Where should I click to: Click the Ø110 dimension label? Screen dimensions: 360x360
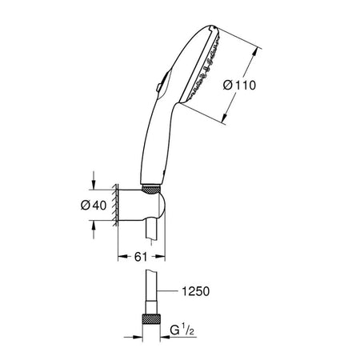click(x=239, y=86)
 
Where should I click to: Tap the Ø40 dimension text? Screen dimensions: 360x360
click(x=94, y=205)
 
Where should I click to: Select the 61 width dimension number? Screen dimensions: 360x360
click(x=141, y=257)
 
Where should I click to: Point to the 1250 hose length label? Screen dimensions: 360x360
click(x=195, y=291)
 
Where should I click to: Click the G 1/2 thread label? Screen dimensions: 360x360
click(x=182, y=330)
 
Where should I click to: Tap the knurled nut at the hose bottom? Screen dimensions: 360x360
click(x=151, y=319)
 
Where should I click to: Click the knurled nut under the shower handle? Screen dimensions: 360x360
click(x=151, y=190)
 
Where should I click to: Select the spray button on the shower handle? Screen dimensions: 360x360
click(x=159, y=87)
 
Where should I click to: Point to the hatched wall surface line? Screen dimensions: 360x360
click(x=115, y=205)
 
